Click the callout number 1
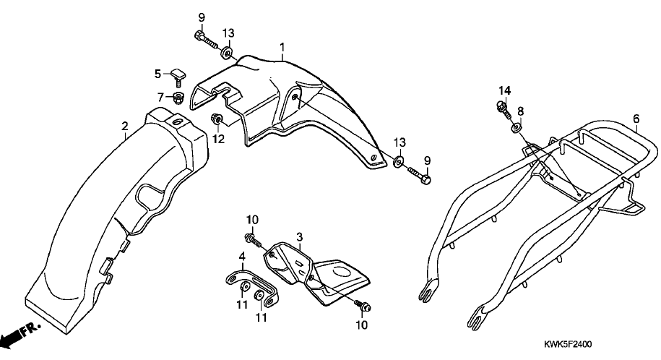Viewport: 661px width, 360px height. coord(282,47)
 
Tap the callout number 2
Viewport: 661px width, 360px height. coord(124,127)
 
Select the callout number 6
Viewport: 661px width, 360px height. coord(636,119)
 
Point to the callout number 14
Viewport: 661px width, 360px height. coord(505,91)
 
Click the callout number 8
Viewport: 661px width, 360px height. coord(521,111)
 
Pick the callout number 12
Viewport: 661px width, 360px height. coord(218,139)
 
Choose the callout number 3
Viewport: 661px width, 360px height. coord(299,236)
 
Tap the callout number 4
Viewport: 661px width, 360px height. coord(242,256)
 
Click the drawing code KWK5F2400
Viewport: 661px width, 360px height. coord(567,344)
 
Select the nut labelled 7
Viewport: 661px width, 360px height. coord(179,98)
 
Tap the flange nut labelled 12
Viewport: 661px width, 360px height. coord(217,120)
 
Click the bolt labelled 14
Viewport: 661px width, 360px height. coord(504,108)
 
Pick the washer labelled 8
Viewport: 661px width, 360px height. coord(517,127)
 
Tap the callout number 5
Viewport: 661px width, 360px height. coord(157,74)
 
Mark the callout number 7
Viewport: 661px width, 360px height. coord(160,98)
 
